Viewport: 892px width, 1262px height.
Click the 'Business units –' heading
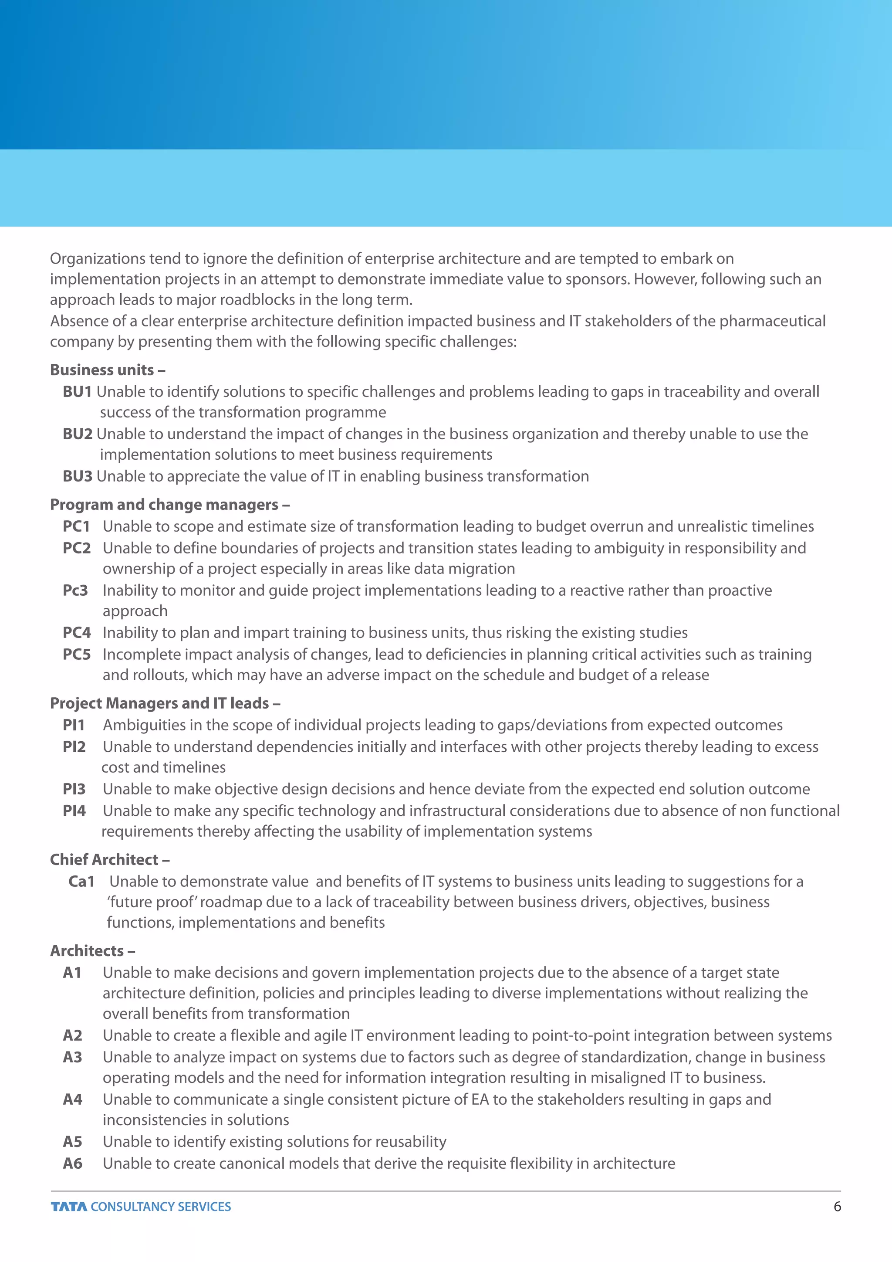click(x=108, y=370)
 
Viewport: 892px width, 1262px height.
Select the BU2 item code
click(x=78, y=434)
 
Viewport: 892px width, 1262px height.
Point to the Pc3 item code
click(x=75, y=590)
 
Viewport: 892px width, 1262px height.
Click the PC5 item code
click(x=76, y=654)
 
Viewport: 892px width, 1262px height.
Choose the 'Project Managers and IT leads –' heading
click(x=165, y=703)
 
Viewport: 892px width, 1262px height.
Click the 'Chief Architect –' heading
click(x=109, y=860)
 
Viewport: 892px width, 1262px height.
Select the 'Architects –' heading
click(x=92, y=951)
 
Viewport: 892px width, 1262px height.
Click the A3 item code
click(x=72, y=1057)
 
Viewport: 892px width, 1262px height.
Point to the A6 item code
click(x=72, y=1163)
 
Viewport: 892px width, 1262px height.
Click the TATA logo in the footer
click(x=69, y=1207)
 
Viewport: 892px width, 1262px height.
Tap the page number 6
click(x=837, y=1207)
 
